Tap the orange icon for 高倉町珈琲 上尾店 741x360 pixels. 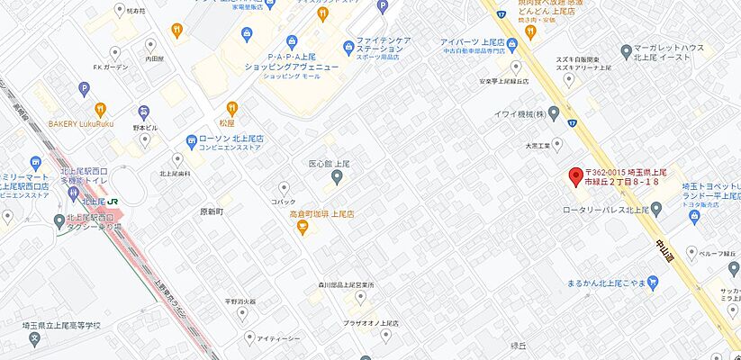303,229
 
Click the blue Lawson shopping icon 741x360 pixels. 191,141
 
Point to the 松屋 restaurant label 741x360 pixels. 227,122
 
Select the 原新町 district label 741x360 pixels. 211,211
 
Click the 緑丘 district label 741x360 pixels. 518,345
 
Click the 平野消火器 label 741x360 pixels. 240,301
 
